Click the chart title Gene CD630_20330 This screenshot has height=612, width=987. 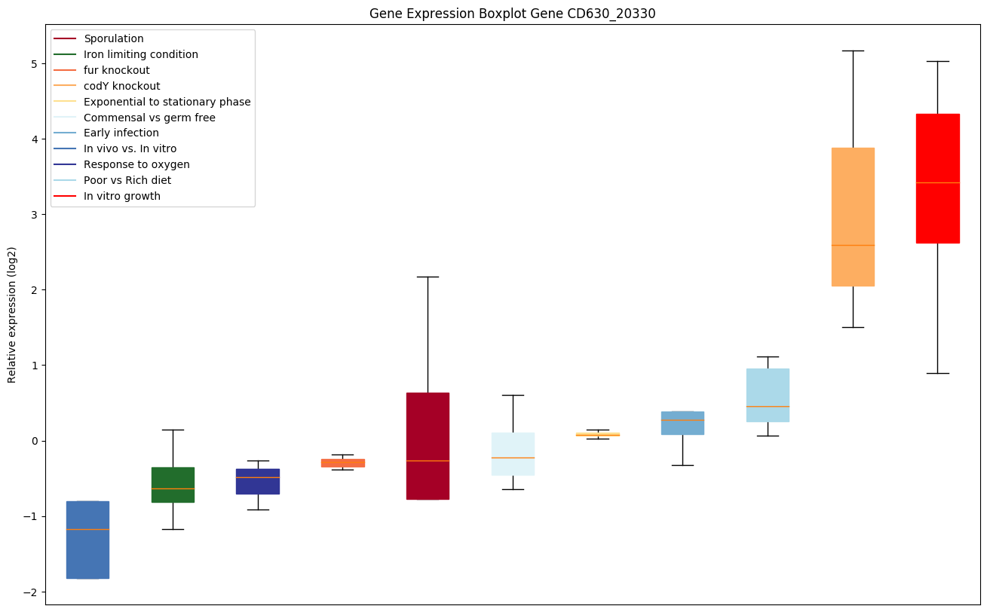pos(512,14)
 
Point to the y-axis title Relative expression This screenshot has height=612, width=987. pos(13,314)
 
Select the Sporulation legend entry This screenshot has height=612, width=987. pos(114,38)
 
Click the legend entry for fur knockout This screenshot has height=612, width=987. pos(117,70)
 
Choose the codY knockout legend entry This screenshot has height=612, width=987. pos(122,86)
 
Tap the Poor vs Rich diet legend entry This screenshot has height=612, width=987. pos(127,180)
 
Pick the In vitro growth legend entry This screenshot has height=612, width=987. pos(122,196)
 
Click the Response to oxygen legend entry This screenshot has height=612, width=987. pos(136,164)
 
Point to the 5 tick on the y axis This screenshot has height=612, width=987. pos(33,64)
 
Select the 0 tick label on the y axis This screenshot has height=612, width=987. pos(33,441)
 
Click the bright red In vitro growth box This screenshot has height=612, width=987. pos(937,179)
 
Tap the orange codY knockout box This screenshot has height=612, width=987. pos(853,217)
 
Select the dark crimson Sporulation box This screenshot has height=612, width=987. pos(428,445)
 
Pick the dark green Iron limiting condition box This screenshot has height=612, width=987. pos(173,485)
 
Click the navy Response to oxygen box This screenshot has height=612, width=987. pos(258,481)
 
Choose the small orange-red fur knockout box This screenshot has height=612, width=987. pos(342,463)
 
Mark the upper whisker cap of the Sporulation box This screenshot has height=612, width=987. pos(428,277)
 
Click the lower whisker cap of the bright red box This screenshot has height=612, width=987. pos(937,373)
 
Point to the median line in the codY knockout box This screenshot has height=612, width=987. pos(853,245)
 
